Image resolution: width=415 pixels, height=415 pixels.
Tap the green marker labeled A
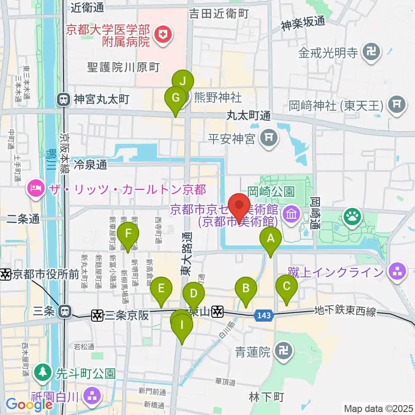[271, 238]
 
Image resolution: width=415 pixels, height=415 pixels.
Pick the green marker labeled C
[287, 286]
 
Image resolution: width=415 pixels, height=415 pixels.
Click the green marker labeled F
[128, 234]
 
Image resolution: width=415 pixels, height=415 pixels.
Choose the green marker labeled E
[161, 288]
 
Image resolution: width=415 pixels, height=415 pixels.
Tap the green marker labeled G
[176, 98]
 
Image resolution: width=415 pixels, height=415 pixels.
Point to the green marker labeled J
[183, 80]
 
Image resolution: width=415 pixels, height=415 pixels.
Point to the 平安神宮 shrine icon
[269, 138]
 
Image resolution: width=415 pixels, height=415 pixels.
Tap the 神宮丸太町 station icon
[64, 99]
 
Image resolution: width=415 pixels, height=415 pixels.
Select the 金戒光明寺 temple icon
[372, 53]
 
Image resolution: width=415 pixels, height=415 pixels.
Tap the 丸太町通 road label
[249, 115]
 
